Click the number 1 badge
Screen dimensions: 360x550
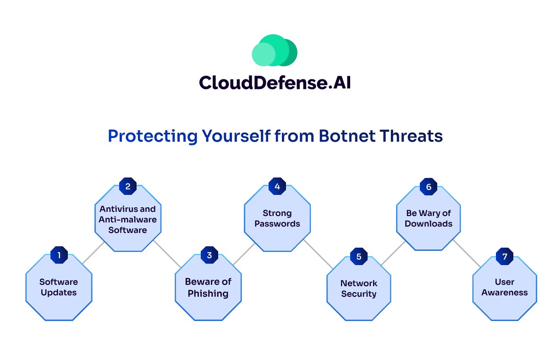pos(59,255)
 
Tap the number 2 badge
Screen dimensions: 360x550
pos(128,186)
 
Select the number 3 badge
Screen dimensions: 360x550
pos(209,255)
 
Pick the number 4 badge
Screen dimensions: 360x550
pos(277,186)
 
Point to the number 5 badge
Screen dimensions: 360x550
pos(358,256)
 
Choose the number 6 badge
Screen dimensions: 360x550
pos(429,187)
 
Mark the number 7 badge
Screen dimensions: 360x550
pos(505,256)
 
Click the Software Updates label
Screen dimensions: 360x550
pos(59,287)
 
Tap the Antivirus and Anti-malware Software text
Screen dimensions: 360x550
pos(127,219)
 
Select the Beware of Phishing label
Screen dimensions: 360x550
pos(208,287)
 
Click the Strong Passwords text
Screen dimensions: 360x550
pos(277,218)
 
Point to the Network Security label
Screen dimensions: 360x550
pos(358,288)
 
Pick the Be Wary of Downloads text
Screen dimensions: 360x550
pos(429,218)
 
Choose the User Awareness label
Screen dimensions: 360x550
pos(504,287)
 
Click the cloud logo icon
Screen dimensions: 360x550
pos(275,50)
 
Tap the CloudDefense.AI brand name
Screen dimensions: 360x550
pos(275,83)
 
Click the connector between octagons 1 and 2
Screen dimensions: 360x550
pos(94,253)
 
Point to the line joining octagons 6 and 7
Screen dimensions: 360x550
pos(467,253)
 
